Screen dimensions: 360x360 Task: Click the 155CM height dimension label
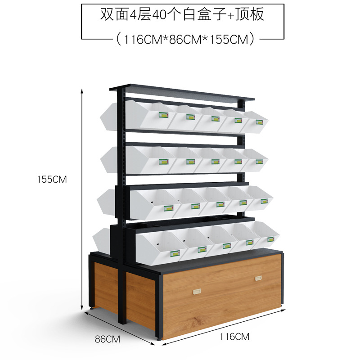(52, 179)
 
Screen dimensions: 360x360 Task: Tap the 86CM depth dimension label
(108, 339)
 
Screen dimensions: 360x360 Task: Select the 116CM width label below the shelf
(234, 336)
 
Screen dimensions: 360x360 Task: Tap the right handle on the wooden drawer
(258, 279)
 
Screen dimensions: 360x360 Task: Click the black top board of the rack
(180, 92)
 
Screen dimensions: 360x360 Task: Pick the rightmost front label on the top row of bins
(259, 121)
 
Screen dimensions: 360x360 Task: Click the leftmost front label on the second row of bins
(163, 161)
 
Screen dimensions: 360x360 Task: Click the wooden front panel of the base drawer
(225, 292)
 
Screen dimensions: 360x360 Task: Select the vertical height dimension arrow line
(82, 198)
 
